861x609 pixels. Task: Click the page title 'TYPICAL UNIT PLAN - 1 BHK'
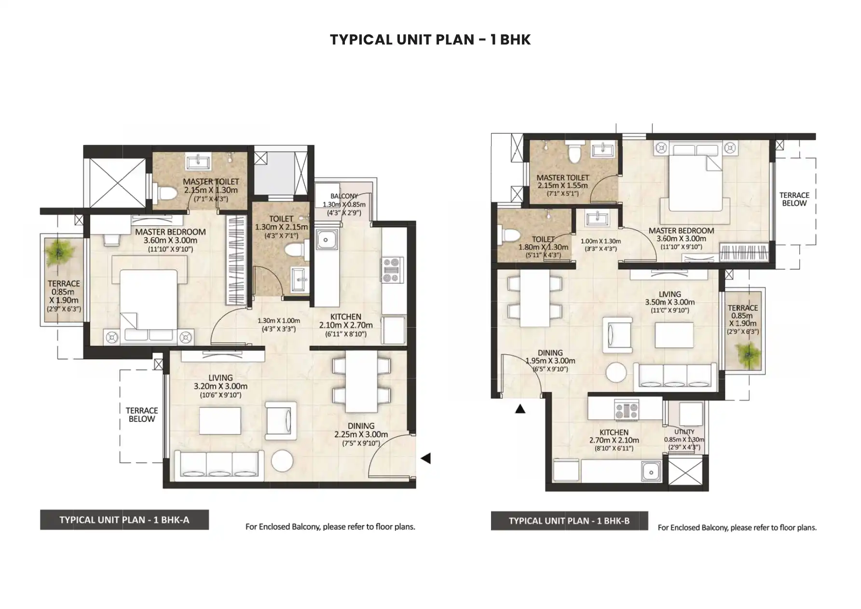pyautogui.click(x=430, y=39)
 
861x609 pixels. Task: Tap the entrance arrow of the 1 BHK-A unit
pyautogui.click(x=426, y=458)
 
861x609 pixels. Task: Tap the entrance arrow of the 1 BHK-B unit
pyautogui.click(x=520, y=409)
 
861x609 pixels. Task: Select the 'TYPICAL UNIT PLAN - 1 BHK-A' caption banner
pyautogui.click(x=124, y=520)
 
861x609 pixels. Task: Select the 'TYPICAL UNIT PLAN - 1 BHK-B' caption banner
pyautogui.click(x=569, y=521)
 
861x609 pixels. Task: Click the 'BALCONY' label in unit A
pyautogui.click(x=344, y=196)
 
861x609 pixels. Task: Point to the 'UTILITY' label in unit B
pyautogui.click(x=684, y=432)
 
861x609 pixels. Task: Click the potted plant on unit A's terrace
pyautogui.click(x=59, y=252)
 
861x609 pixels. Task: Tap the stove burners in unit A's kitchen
pyautogui.click(x=393, y=270)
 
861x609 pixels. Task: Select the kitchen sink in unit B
pyautogui.click(x=651, y=471)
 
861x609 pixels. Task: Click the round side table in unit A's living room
pyautogui.click(x=282, y=461)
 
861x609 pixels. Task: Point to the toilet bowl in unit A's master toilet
pyautogui.click(x=165, y=193)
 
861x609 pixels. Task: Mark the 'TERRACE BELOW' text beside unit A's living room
pyautogui.click(x=142, y=415)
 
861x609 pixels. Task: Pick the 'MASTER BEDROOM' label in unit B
pyautogui.click(x=681, y=231)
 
